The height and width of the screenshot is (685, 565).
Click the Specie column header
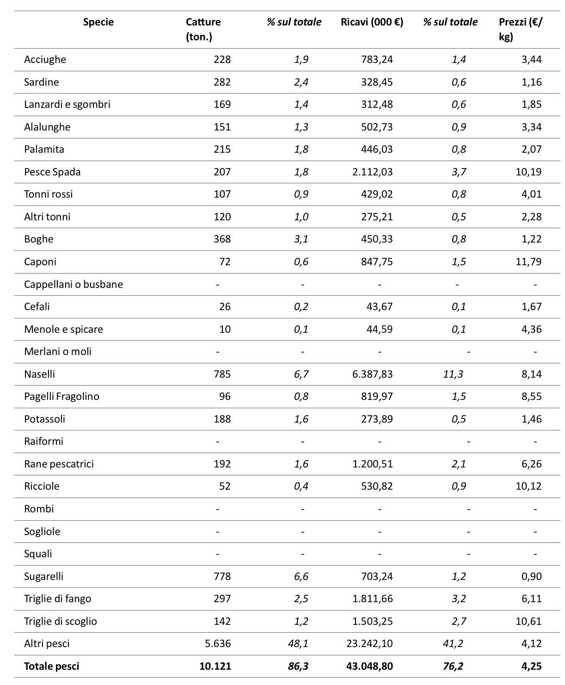pos(98,22)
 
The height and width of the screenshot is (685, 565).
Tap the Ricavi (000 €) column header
pos(372,22)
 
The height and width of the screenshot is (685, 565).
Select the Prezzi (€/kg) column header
pos(521,29)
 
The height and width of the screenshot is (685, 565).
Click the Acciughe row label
pos(45,59)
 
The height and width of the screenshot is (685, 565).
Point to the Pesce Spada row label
pos(52,172)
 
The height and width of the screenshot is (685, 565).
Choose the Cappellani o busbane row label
pos(74,284)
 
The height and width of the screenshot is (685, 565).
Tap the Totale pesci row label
pos(51,666)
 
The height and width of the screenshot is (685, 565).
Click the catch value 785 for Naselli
pos(222,374)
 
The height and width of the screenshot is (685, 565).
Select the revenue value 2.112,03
pos(372,172)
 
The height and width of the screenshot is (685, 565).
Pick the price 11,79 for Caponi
pos(528,262)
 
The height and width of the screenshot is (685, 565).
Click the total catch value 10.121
pos(215,666)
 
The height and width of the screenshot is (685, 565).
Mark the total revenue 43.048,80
pos(369,666)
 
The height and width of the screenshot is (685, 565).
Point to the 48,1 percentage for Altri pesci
pos(298,644)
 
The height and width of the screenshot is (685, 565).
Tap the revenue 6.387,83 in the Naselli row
pos(372,374)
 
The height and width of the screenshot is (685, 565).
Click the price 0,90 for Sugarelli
pos(532,576)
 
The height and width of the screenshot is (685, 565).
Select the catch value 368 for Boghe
pos(222,239)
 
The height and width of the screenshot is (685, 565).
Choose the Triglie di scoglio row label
pos(60,621)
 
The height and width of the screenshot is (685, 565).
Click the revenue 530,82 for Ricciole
pos(377,486)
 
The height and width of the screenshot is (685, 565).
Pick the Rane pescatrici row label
pos(59,464)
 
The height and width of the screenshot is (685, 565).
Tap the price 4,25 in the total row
pos(532,666)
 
